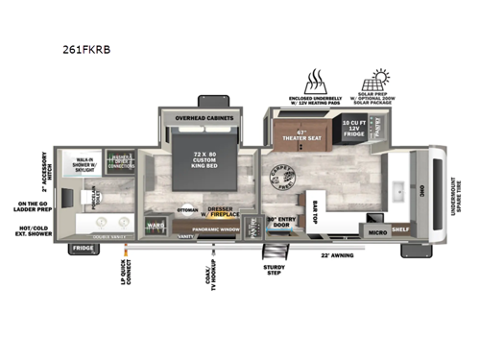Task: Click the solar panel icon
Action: coord(375,81)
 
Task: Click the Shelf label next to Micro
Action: coord(399,230)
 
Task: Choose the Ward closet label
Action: coord(156,227)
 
